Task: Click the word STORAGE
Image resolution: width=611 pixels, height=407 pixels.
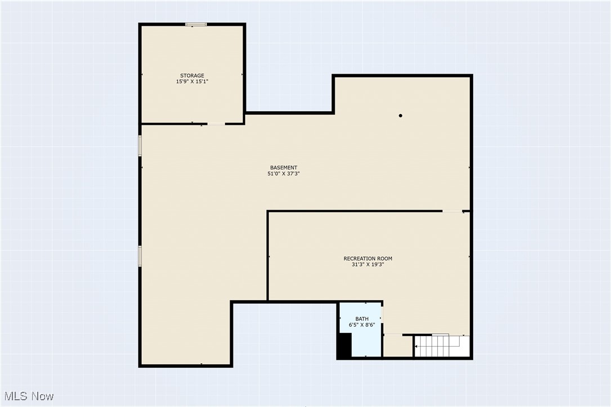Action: [192, 75]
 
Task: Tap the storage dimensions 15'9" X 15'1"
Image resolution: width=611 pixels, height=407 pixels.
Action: [192, 82]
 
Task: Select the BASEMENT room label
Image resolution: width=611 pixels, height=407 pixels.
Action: [283, 168]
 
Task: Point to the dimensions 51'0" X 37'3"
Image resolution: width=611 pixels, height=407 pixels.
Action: [283, 174]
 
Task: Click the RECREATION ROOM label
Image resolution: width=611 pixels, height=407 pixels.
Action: [368, 259]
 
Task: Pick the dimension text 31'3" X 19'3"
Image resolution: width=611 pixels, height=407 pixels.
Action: [368, 264]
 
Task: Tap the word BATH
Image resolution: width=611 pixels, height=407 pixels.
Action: [362, 319]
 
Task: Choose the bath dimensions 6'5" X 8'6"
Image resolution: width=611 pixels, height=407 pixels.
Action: [362, 325]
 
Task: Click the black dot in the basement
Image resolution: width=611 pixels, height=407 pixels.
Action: [401, 116]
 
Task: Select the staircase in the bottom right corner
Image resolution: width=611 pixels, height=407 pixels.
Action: [442, 346]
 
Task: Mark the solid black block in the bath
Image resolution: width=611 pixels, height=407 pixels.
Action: [344, 345]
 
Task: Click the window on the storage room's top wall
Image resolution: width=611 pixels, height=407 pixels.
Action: [196, 24]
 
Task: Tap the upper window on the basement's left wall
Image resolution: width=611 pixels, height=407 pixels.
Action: [140, 145]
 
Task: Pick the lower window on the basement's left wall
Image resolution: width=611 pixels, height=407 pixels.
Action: [140, 255]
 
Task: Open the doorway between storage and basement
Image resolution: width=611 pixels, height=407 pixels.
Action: [216, 124]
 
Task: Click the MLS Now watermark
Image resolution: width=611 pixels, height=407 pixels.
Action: [27, 396]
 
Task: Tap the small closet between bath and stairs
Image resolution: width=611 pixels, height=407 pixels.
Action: [398, 346]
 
